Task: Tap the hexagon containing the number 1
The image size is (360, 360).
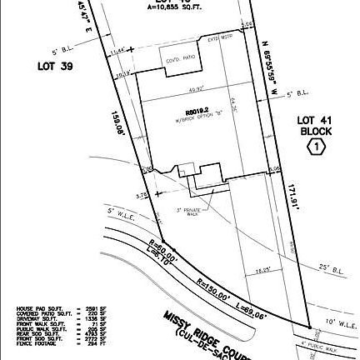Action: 317,147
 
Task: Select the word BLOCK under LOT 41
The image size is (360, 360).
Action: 317,132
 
